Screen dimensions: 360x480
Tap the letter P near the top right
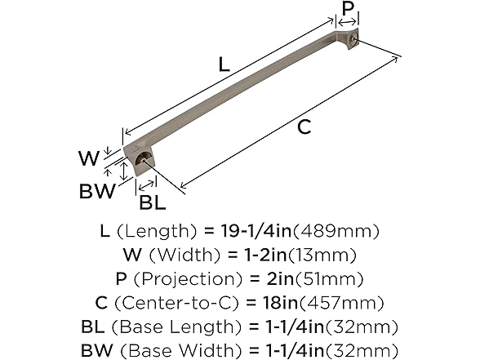[347, 10]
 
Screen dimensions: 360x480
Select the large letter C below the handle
[303, 127]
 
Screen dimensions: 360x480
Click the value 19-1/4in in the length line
[264, 232]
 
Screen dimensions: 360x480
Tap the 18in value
[282, 303]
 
